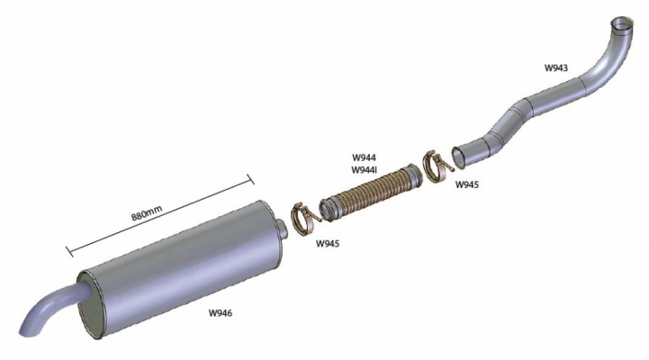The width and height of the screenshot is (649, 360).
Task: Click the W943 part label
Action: coord(556,67)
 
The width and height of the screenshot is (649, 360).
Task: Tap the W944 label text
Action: coord(365,157)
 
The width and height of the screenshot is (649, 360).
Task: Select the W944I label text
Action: coord(365,170)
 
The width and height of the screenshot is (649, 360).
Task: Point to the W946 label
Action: coord(221,313)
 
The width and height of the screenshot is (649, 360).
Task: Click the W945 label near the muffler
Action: coord(328,243)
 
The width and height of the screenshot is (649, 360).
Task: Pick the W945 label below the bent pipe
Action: coord(467,184)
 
